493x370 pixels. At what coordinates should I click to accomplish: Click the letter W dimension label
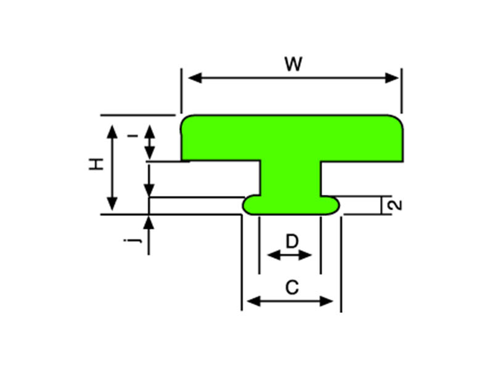point(293,64)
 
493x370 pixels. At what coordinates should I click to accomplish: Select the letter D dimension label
point(291,240)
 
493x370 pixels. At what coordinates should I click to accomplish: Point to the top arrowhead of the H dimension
point(112,129)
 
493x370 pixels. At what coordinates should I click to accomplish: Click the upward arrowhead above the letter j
point(149,221)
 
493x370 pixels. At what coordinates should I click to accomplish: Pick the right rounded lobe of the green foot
point(332,205)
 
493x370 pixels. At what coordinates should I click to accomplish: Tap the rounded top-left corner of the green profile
point(186,120)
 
